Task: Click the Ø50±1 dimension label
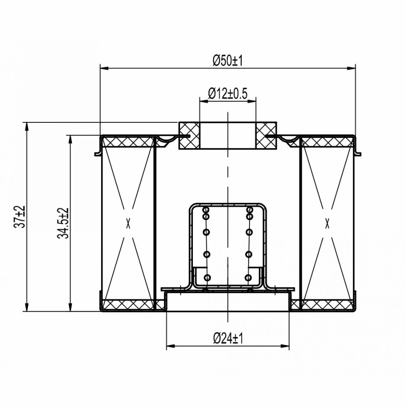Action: point(227,61)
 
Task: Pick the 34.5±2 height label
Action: point(63,223)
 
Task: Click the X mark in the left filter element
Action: point(128,223)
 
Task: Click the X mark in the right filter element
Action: point(328,223)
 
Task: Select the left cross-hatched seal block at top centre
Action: point(189,135)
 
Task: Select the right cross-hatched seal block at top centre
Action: point(266,135)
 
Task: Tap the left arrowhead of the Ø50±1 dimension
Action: point(104,68)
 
